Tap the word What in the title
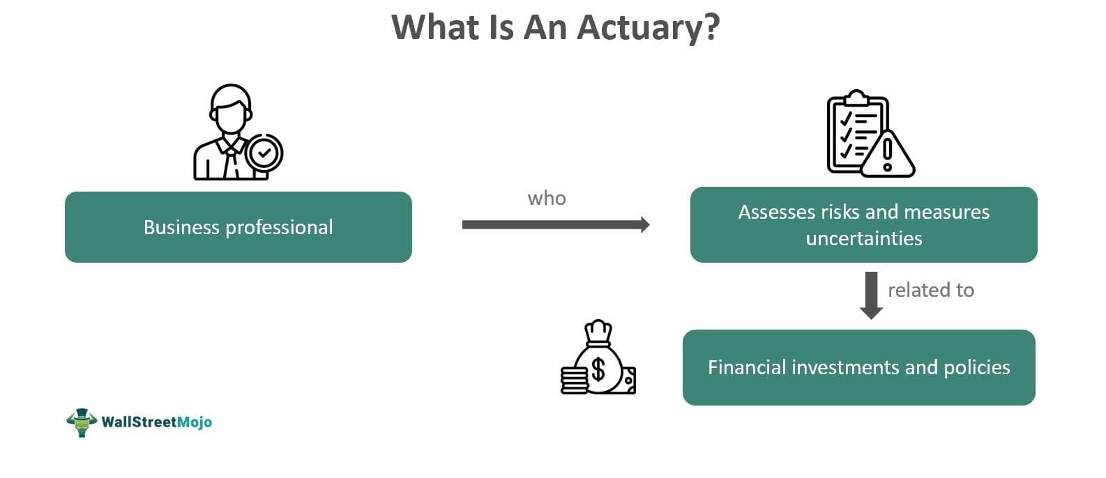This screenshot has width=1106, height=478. (x=434, y=27)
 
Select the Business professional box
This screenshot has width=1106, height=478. (x=238, y=227)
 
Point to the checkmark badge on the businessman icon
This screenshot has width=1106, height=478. (x=264, y=153)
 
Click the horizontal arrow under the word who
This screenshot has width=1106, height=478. (x=556, y=224)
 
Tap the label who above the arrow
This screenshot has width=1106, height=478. (x=547, y=199)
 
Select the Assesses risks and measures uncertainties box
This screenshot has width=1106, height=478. (x=863, y=224)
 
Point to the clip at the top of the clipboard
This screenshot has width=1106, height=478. (x=857, y=97)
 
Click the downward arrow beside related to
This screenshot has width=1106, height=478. (x=871, y=295)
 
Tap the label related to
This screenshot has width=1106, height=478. (x=930, y=290)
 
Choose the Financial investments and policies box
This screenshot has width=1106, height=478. (x=858, y=367)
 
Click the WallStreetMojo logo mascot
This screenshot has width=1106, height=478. (x=81, y=422)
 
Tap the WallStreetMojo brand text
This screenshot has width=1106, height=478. (x=156, y=422)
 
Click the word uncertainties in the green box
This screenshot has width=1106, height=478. (x=863, y=238)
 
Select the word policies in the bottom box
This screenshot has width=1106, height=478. (x=976, y=367)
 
